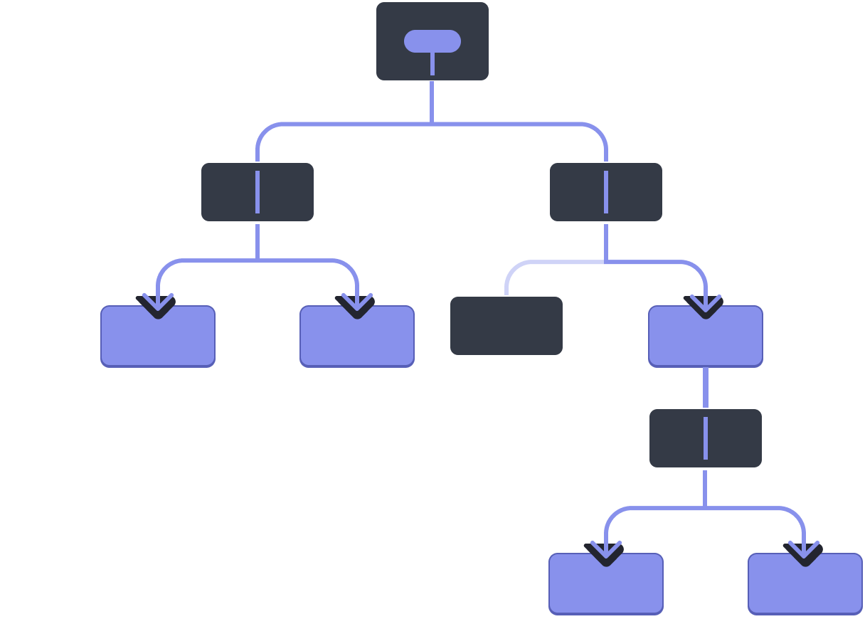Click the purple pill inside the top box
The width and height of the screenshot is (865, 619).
point(432,41)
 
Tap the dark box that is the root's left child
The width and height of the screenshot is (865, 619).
point(228,193)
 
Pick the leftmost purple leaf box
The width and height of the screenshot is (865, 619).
point(158,342)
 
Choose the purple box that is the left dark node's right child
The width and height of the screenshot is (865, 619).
point(357,342)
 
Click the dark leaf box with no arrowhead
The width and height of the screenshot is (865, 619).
point(506,326)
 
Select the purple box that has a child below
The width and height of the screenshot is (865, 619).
point(706,342)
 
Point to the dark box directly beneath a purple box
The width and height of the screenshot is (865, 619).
point(676,438)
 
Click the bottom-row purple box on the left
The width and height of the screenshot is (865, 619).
point(606,587)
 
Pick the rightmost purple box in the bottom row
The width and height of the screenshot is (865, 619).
point(805,587)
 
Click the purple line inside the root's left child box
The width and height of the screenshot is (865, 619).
point(258,192)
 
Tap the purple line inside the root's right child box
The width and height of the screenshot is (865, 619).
point(606,192)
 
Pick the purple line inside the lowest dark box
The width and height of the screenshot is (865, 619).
point(706,438)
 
